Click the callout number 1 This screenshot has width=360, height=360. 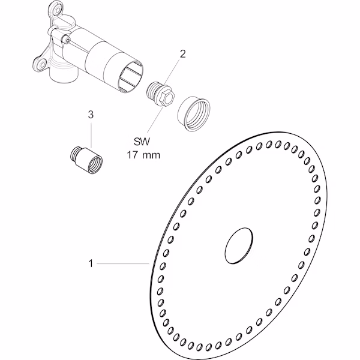(x=91, y=263)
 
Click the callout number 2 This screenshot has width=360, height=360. (x=182, y=54)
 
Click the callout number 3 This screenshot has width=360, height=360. (x=91, y=115)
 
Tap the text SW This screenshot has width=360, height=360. (x=142, y=142)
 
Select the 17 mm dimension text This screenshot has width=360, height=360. (x=144, y=155)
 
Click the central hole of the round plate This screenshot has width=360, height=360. (x=239, y=245)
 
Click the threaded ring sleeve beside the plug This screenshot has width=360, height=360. (x=194, y=114)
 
